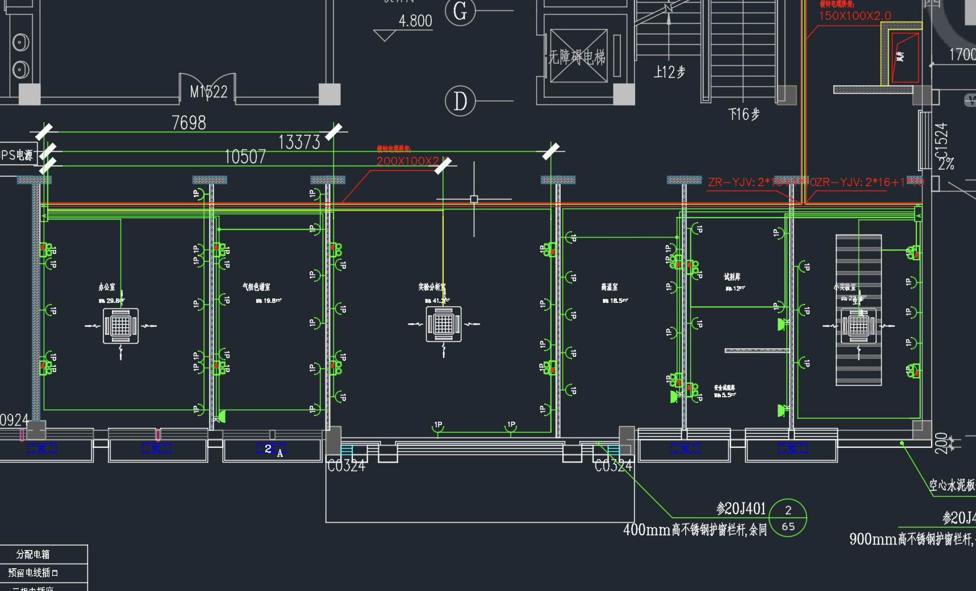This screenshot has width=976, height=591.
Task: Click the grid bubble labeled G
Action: pyautogui.click(x=460, y=11)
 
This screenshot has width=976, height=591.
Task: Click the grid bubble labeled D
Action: pyautogui.click(x=460, y=101)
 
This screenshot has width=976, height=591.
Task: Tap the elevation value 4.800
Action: pyautogui.click(x=415, y=21)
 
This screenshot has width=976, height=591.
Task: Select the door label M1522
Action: pyautogui.click(x=208, y=92)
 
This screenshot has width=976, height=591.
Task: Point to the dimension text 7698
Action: pyautogui.click(x=189, y=123)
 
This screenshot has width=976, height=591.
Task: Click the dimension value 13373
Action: pyautogui.click(x=299, y=142)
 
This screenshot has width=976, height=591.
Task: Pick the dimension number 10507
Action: pyautogui.click(x=245, y=157)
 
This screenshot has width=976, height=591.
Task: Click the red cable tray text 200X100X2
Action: pyautogui.click(x=407, y=161)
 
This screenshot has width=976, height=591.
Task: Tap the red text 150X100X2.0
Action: pyautogui.click(x=854, y=16)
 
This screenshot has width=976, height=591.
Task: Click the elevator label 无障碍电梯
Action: pyautogui.click(x=577, y=57)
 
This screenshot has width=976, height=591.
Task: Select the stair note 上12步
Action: pyautogui.click(x=669, y=72)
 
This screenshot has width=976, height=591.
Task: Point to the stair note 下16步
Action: pyautogui.click(x=744, y=114)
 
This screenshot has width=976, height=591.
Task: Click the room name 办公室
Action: pyautogui.click(x=107, y=287)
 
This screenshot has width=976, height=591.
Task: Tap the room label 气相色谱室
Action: pyautogui.click(x=256, y=287)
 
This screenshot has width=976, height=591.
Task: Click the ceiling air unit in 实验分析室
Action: pyautogui.click(x=444, y=324)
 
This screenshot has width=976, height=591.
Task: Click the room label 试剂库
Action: pyautogui.click(x=732, y=277)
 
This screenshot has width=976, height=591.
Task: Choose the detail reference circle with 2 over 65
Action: pyautogui.click(x=787, y=518)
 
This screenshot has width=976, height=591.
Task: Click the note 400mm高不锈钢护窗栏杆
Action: pyautogui.click(x=694, y=530)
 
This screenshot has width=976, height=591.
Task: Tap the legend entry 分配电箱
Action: pyautogui.click(x=33, y=554)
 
